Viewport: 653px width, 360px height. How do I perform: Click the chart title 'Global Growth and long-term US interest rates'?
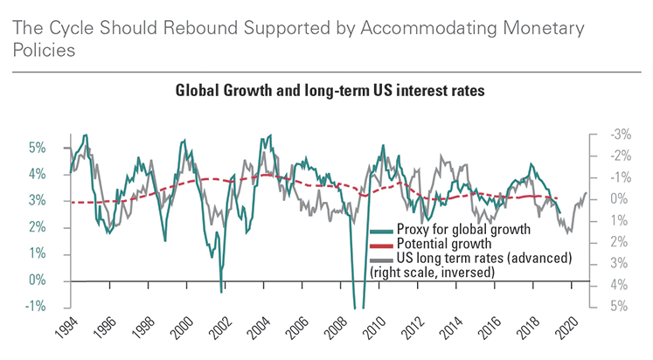326,91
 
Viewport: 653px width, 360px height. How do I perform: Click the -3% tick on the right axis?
621,135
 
